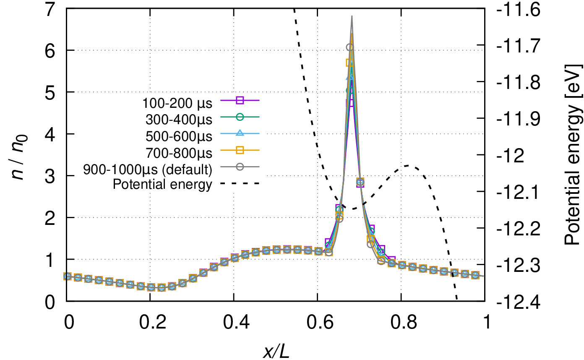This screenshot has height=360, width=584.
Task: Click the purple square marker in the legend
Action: point(240,100)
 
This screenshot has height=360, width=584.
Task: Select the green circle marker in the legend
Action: point(240,117)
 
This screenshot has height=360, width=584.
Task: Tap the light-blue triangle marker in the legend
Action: point(240,133)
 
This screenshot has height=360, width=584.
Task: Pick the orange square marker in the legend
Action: point(240,150)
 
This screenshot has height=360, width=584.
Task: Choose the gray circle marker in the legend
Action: point(240,167)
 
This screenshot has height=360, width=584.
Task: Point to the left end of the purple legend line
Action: point(221,100)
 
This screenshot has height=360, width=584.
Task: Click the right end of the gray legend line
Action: point(259,167)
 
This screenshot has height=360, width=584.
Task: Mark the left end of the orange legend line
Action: point(221,150)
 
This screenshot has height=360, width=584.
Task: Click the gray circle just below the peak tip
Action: point(349,47)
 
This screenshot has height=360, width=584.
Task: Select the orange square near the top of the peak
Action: point(349,63)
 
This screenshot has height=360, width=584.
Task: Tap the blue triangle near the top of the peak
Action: point(349,77)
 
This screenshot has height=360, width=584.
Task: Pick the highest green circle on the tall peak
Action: point(349,90)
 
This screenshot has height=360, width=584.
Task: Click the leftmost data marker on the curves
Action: point(67,276)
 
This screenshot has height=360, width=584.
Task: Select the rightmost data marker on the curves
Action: point(475,275)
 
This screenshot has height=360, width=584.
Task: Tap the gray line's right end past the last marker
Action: point(483,276)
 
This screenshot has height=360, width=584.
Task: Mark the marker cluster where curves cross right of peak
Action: point(360,182)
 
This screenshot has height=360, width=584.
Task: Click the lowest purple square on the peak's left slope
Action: point(329,242)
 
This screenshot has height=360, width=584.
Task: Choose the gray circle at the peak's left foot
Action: point(329,252)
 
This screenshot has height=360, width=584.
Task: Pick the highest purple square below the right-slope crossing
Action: point(370,229)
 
